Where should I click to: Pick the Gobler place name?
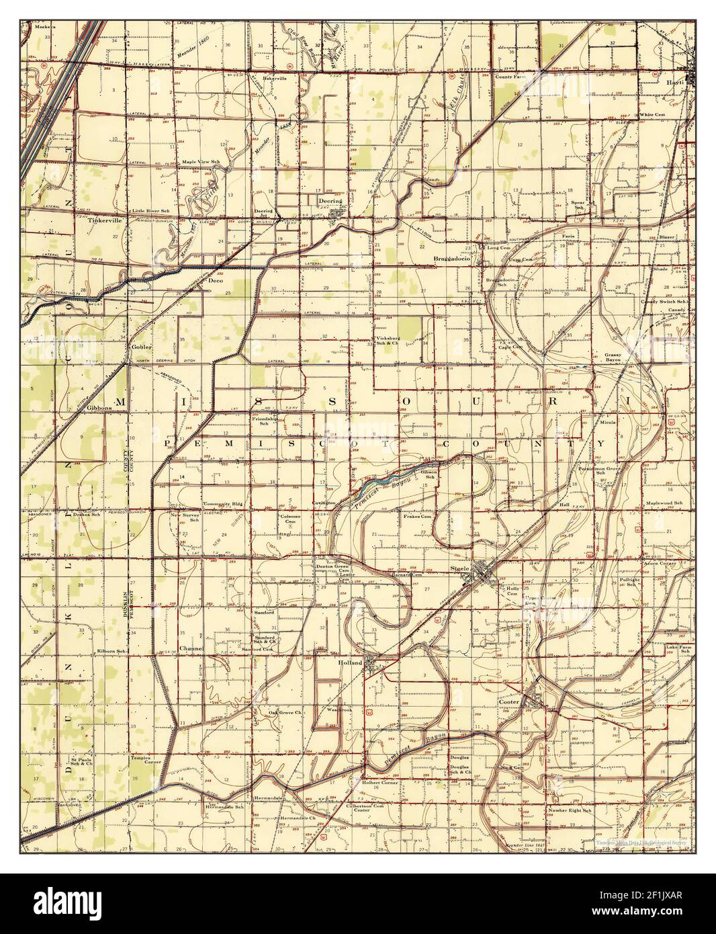[x=142, y=347]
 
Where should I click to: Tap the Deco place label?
[x=215, y=280]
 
